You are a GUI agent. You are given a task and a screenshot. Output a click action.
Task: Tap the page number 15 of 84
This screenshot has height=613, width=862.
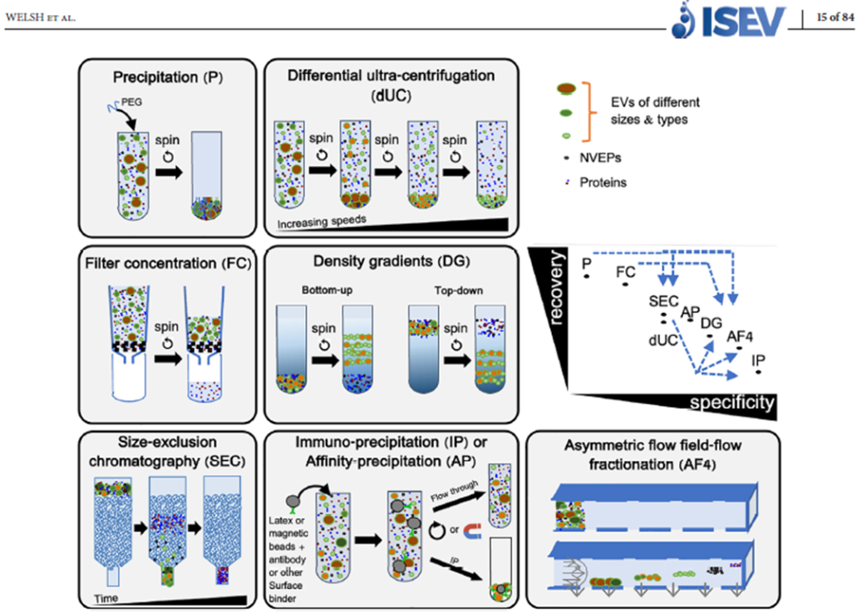click(x=835, y=18)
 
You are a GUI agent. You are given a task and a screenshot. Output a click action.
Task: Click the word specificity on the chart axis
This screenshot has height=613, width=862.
click(x=731, y=403)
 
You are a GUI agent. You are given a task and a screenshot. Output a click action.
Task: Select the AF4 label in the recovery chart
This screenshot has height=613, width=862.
click(x=739, y=335)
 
